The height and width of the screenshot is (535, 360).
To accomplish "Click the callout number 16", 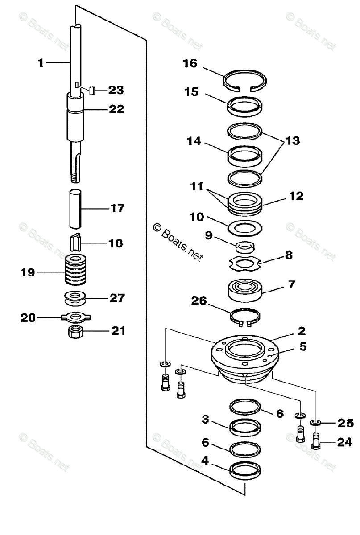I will click(x=190, y=63).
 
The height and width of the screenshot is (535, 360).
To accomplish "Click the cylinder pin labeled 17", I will click(x=75, y=209).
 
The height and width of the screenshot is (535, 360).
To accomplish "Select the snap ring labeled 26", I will click(x=245, y=315).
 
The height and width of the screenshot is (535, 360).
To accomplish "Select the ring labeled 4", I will click(x=245, y=470).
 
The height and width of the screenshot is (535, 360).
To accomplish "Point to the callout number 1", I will click(x=41, y=63).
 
